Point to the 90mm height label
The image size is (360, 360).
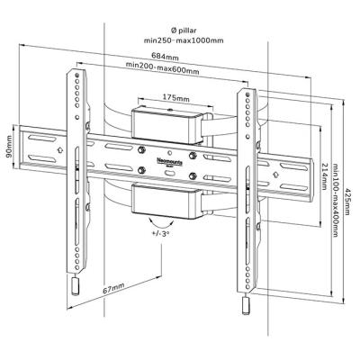(x=8, y=144)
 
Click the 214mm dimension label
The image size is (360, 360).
(x=323, y=171)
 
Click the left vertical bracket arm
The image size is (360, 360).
(x=77, y=171)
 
